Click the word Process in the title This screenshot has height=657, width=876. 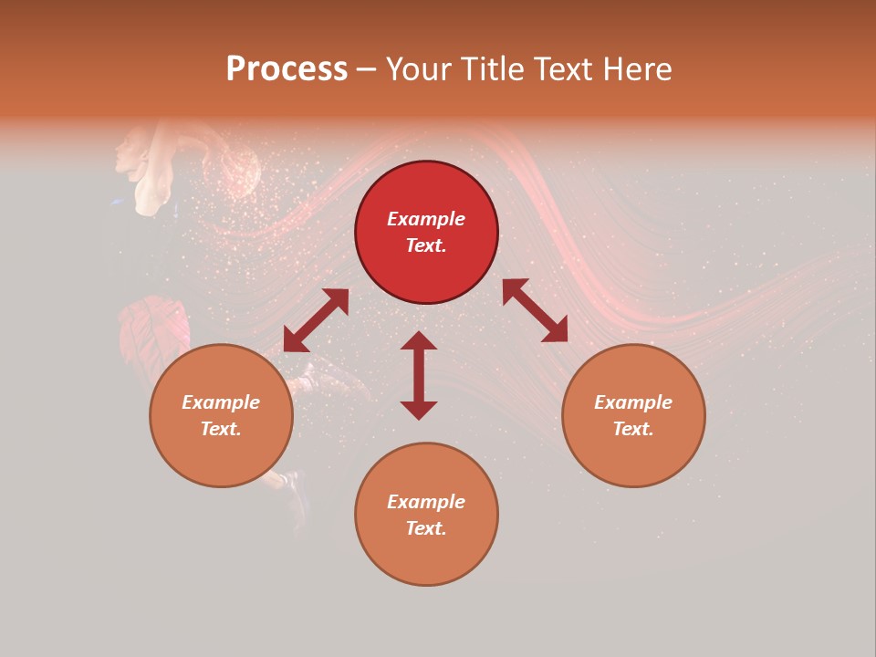[287, 69]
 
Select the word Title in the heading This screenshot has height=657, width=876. [495, 69]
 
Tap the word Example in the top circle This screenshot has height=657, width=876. [426, 219]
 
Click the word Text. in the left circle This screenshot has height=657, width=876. [221, 429]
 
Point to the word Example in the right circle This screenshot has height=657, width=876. [633, 402]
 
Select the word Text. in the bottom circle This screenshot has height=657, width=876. [426, 528]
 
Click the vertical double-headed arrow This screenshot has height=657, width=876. [419, 375]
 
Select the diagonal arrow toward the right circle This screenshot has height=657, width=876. [535, 310]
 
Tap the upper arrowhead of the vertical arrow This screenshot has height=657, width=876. [419, 340]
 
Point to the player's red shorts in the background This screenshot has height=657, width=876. [153, 333]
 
